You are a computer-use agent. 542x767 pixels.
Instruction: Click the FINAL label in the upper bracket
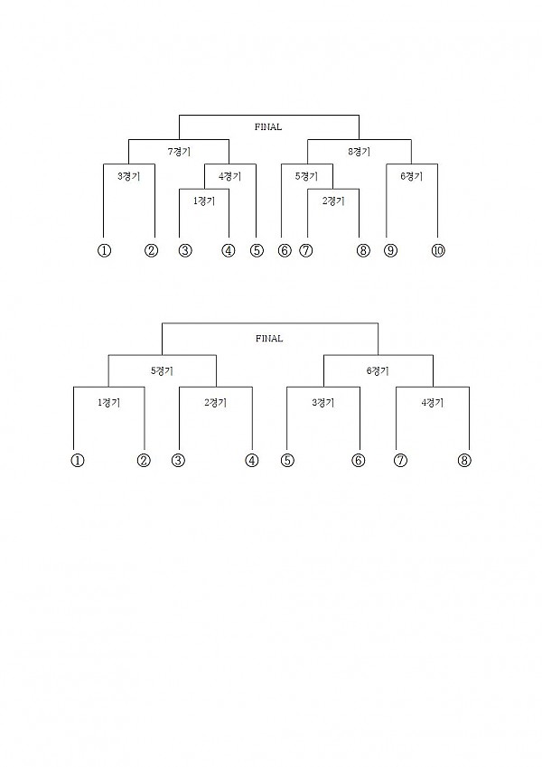click(268, 126)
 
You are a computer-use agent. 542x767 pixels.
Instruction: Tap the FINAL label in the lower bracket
click(269, 339)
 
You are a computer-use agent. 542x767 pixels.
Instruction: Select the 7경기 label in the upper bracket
click(179, 152)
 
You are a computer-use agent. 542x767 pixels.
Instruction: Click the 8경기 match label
click(359, 152)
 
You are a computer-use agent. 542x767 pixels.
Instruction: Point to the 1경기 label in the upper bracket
click(204, 201)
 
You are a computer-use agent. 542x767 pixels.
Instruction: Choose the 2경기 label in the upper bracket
click(333, 201)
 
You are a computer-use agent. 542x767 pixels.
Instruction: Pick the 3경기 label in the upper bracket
click(128, 176)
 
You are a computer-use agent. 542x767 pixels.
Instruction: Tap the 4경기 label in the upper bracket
click(230, 176)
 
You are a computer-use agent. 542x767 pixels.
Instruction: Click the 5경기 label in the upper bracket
click(306, 176)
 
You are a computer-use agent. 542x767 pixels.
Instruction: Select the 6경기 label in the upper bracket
click(411, 176)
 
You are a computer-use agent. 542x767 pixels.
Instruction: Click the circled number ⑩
click(438, 251)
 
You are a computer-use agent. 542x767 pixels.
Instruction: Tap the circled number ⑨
click(390, 251)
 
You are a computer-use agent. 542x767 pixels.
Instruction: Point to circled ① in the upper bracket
click(104, 251)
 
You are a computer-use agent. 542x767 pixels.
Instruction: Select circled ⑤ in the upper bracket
click(257, 251)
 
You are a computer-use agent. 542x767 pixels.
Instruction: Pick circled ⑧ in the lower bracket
click(464, 461)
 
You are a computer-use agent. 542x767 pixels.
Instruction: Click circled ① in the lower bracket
click(78, 461)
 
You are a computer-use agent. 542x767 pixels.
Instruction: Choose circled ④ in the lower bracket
click(251, 461)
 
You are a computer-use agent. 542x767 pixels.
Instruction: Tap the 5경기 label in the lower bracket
click(162, 371)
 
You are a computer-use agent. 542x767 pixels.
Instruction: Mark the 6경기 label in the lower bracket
click(378, 371)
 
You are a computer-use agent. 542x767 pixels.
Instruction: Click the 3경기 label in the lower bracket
click(322, 403)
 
